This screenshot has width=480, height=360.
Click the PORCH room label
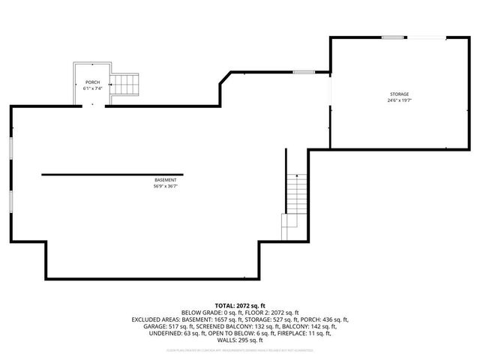[92, 82]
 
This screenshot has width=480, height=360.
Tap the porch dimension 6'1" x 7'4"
[92, 88]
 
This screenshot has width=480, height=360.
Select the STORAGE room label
[398, 93]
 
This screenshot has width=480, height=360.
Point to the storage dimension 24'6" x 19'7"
[398, 100]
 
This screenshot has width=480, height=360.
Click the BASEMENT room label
[166, 180]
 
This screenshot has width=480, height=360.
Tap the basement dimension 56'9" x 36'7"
[166, 187]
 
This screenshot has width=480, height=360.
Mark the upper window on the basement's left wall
[10, 147]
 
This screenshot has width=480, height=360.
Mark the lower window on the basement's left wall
[10, 202]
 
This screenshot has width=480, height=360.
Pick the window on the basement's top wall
[303, 72]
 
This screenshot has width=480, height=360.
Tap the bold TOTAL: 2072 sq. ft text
[240, 306]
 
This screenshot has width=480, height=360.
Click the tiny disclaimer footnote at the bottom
[240, 350]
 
